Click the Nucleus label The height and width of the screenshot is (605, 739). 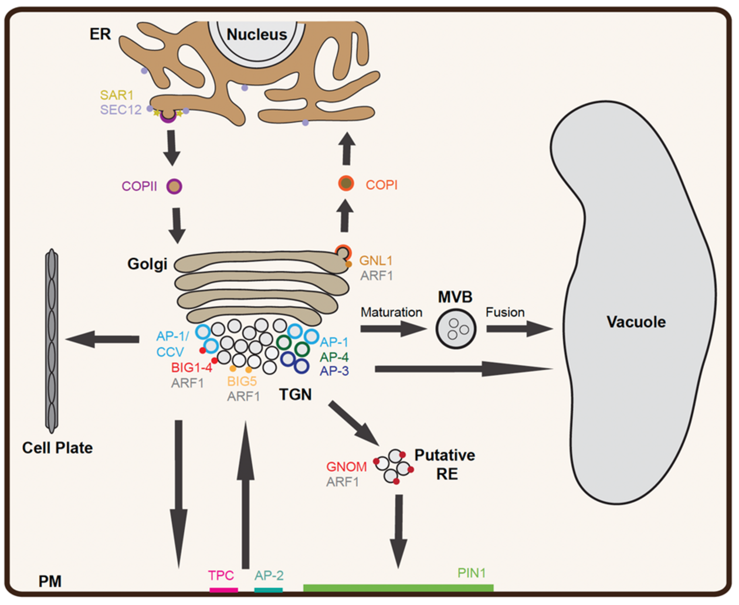coord(257,35)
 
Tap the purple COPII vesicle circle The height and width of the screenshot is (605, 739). coord(174,186)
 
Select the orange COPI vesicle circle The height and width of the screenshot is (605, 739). coord(346,184)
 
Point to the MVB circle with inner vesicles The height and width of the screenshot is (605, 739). coord(456,329)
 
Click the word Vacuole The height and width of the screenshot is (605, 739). coord(636,322)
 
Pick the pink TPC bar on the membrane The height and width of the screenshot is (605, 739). coord(223,590)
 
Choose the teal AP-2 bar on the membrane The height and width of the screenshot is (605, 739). coord(269,590)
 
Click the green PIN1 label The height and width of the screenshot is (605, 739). coord(472,573)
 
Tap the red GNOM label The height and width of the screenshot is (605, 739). coord(347,467)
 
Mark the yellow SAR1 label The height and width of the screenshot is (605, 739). coord(117,94)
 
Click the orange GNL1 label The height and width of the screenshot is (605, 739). coord(376,260)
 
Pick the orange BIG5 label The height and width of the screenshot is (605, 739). coord(242,381)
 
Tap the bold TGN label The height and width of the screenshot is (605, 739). coord(295,395)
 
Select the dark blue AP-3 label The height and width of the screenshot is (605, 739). coord(334,371)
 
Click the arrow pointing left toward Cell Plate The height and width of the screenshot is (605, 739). coord(103,338)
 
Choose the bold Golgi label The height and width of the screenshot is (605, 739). coord(147,264)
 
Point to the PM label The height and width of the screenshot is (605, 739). coord(50,581)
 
